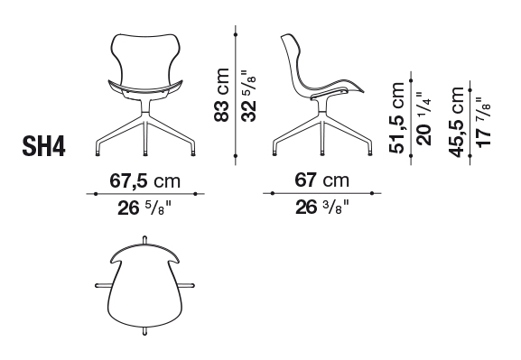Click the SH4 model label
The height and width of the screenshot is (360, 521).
pos(43,146)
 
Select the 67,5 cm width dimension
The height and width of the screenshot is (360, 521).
pos(144,181)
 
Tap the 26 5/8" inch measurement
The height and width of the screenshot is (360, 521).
pos(144,208)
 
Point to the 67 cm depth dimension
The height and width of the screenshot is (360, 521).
pos(321,180)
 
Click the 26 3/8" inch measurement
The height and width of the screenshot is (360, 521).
pos(322,208)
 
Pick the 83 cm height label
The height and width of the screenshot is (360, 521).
pos(221,95)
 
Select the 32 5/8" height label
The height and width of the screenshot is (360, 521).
pos(248,96)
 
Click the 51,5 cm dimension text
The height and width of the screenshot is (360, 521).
pos(396,117)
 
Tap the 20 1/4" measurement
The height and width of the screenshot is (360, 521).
pos(424,118)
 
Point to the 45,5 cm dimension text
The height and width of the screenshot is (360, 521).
pos(456,122)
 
